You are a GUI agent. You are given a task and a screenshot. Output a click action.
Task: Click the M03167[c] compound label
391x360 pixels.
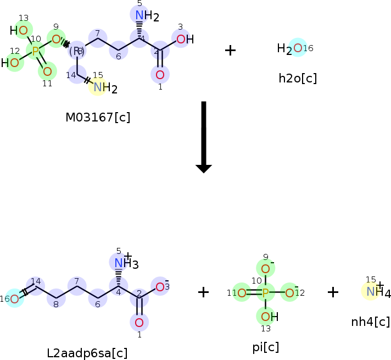coord(98,117)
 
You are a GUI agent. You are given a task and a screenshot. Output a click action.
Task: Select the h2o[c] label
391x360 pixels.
coord(298,78)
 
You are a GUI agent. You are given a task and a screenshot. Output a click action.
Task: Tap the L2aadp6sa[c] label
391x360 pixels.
coord(87,353)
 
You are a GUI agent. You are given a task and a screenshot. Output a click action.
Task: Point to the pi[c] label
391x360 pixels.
coord(265,347)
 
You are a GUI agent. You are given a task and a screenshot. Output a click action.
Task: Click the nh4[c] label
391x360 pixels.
coord(370,322)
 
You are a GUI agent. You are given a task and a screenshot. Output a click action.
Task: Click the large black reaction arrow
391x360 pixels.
coord(204,137)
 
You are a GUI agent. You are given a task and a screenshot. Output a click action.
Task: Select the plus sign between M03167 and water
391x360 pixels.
coord(230,50)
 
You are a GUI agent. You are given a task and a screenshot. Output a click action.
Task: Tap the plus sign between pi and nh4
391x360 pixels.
coord(333,292)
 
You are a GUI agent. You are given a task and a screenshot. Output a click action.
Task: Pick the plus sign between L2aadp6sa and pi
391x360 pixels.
coord(203,292)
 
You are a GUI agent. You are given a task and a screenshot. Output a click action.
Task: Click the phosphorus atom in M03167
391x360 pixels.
coord(35,52)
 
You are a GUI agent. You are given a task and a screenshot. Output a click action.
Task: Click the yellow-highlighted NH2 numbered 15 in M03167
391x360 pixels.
coord(98,86)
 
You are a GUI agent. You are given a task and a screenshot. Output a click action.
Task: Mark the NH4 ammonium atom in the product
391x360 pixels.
coord(371,292)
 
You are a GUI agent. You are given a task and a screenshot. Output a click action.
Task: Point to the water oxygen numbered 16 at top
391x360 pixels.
coord(297,48)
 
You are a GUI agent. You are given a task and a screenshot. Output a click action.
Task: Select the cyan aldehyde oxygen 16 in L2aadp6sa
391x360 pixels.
coord(15,298)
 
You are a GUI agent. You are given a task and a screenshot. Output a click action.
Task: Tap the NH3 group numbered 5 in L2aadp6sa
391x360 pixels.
coord(119,263)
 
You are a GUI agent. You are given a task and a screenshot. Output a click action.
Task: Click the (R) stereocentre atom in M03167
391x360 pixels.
coord(76,51)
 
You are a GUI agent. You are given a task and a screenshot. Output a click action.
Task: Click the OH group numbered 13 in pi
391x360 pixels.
coord(266,316)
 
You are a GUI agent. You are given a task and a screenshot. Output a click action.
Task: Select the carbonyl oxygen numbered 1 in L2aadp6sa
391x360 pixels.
coord(139,322)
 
